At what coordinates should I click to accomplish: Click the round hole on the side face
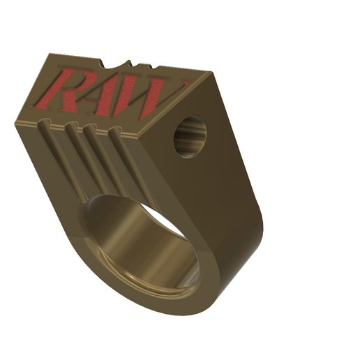(190, 137)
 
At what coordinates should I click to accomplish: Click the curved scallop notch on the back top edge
(118, 66)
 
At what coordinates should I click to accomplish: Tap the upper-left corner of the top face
(50, 54)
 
